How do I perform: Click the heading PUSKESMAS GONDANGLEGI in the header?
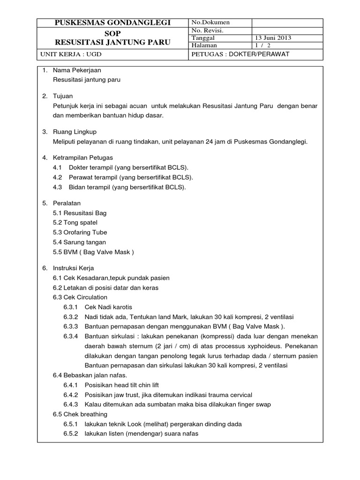pos(113,23)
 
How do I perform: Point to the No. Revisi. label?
pos(207,30)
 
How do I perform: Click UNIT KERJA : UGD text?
pos(71,54)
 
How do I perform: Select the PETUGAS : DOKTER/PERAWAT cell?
pos(240,54)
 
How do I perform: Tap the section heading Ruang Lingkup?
pos(75,132)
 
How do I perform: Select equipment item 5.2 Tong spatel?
pos(75,223)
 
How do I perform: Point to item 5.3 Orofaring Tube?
pos(80,232)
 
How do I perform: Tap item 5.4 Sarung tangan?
pos(80,242)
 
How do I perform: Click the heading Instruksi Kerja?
pos(74,268)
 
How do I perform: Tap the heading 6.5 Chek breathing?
pos(80,414)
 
